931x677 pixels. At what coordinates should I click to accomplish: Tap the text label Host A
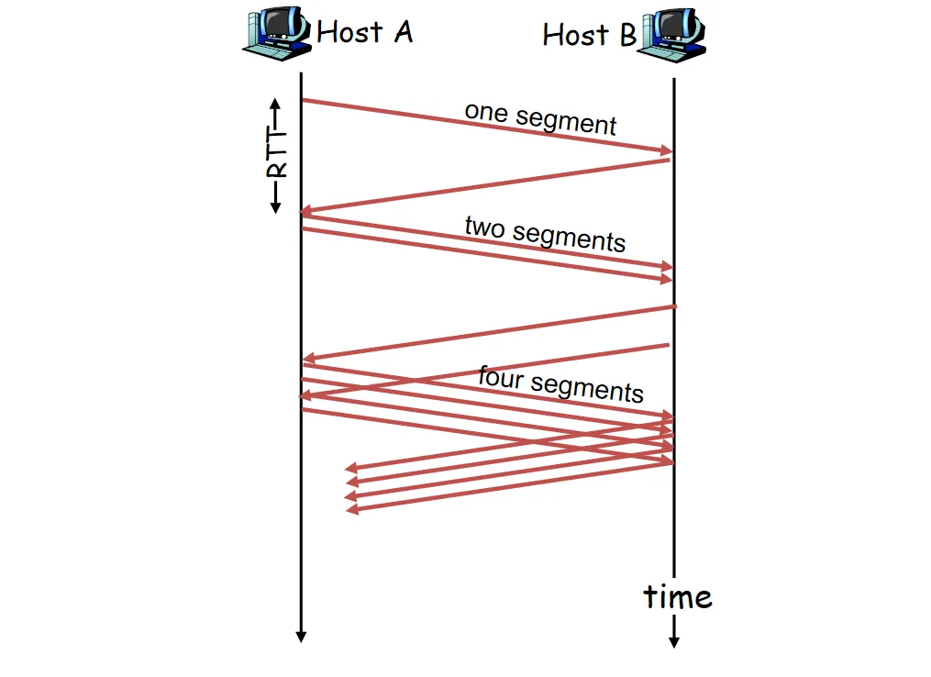pos(364,33)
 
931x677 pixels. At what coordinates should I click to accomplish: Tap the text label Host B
pos(589,36)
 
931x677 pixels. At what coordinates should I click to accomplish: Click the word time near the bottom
pos(678,597)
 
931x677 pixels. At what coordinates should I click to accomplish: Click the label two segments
pos(545,233)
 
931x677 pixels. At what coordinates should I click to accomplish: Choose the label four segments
pos(560,383)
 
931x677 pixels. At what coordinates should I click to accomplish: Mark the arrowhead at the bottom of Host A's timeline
pos(300,637)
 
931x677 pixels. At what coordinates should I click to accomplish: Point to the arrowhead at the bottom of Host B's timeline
pos(674,642)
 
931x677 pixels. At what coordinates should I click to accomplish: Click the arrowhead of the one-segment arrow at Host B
pos(667,150)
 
